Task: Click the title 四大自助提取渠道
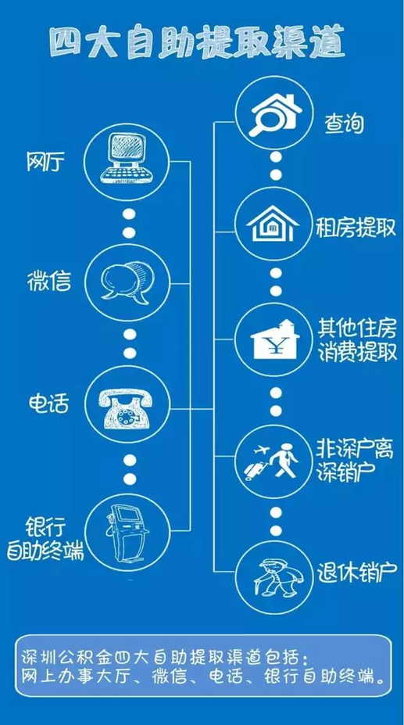point(198,43)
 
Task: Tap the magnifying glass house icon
point(274,115)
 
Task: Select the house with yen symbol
point(274,340)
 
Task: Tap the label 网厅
point(43,163)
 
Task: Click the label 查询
point(345,124)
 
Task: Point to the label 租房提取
point(356,228)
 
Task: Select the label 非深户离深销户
point(355,459)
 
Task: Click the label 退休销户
point(357,574)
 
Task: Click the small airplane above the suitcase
point(263,447)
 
